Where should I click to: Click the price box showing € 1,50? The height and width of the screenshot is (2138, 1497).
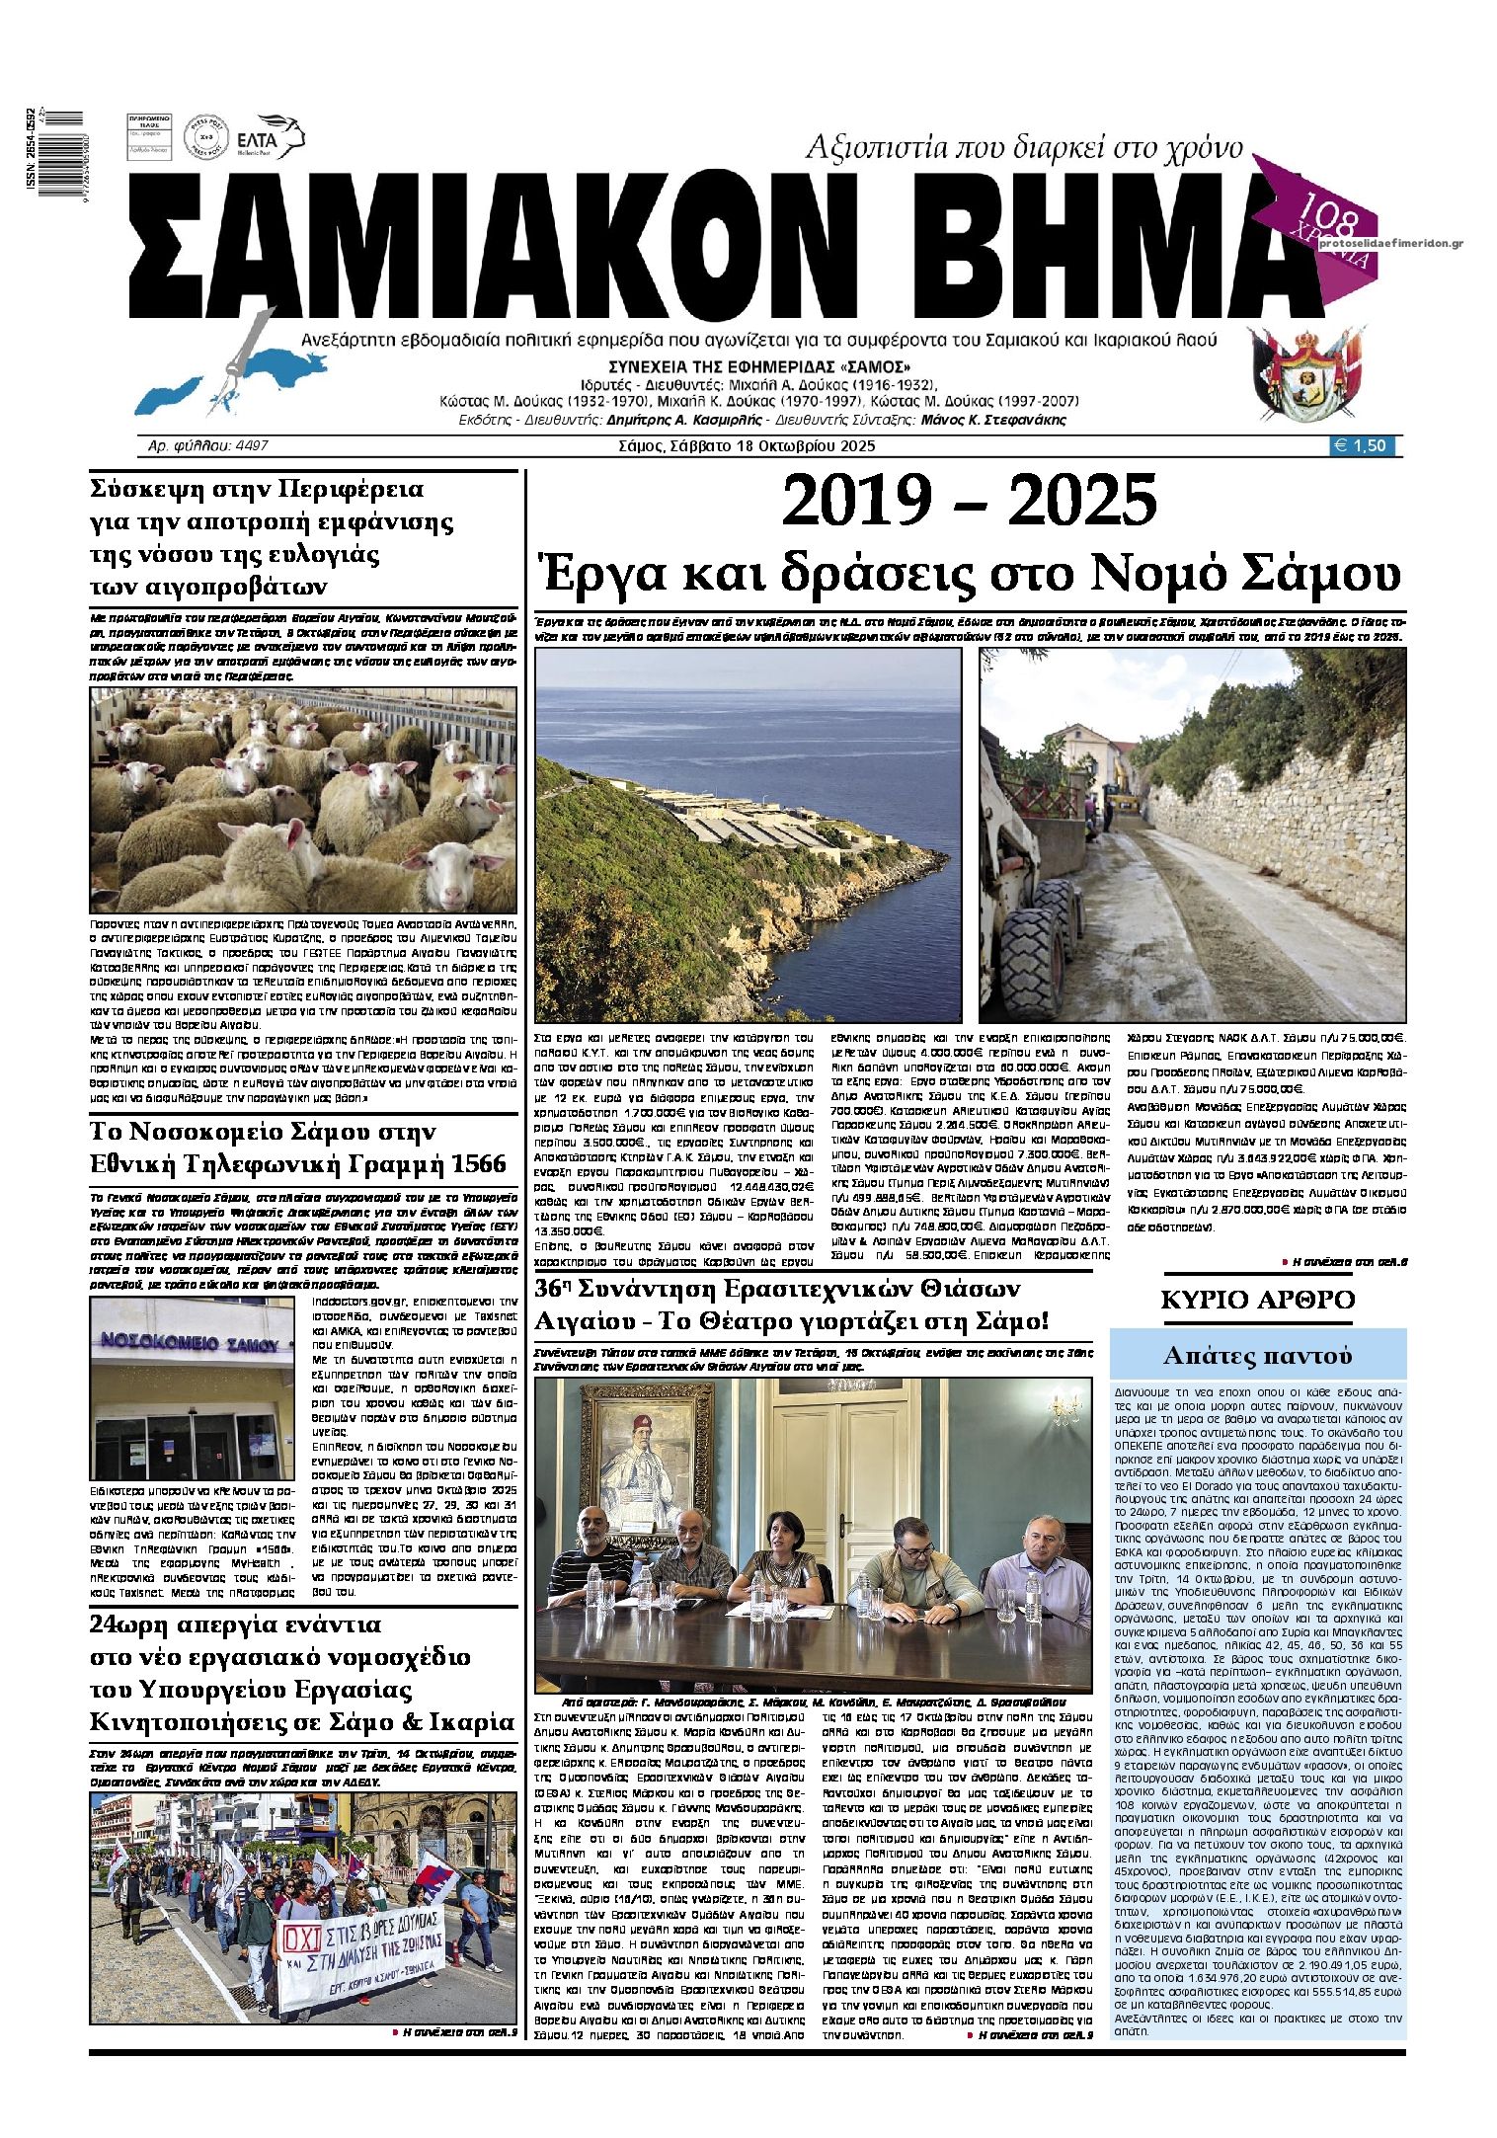(x=1364, y=445)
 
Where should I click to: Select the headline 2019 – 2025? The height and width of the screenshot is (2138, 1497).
(x=968, y=501)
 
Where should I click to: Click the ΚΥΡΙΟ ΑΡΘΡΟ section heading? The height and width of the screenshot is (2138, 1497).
(x=1257, y=1299)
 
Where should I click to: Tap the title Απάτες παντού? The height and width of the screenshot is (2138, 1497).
(x=1256, y=1355)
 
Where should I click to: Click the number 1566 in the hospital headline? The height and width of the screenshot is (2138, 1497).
(x=471, y=1163)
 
